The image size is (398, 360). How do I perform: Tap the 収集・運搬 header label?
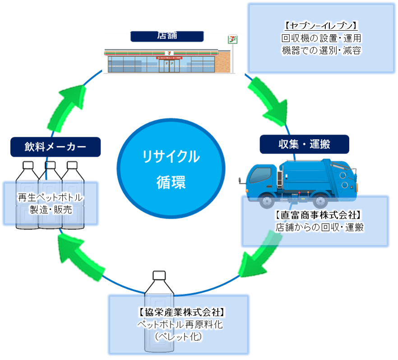click(304, 145)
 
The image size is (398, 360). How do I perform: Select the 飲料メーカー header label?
click(55, 147)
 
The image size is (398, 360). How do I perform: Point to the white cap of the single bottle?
click(160, 275)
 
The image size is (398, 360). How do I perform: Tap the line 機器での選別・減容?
click(321, 50)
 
